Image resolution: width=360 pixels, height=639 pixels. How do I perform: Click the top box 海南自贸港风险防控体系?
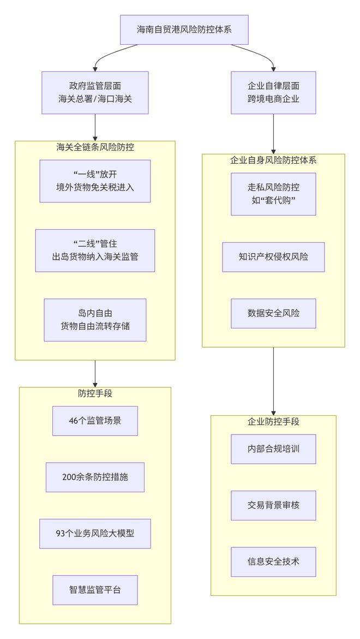click(184, 29)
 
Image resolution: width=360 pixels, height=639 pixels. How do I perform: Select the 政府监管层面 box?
click(95, 93)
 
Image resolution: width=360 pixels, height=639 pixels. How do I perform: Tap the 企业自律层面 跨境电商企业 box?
click(273, 93)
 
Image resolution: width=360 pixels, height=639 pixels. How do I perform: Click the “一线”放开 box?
click(95, 181)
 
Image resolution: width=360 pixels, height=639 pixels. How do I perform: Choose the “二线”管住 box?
click(95, 250)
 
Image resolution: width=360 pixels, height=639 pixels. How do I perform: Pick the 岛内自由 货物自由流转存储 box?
click(95, 320)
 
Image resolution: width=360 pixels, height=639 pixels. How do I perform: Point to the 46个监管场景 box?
click(95, 421)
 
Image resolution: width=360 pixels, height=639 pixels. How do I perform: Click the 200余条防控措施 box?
click(95, 477)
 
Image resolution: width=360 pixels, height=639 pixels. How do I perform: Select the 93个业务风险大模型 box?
click(95, 534)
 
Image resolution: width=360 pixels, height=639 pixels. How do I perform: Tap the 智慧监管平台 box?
click(95, 590)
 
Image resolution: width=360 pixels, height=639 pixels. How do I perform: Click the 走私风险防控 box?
click(273, 194)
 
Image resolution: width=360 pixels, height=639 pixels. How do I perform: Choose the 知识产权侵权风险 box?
click(273, 257)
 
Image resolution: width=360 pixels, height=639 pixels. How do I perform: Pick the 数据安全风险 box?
click(273, 313)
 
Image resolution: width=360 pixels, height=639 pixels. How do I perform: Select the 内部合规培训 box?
click(273, 449)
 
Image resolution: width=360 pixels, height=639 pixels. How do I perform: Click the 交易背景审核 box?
click(273, 505)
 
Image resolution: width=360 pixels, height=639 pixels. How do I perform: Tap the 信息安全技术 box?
click(273, 562)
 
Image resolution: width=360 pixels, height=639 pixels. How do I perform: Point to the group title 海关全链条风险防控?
click(95, 147)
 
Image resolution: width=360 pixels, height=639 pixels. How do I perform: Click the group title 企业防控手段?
click(273, 422)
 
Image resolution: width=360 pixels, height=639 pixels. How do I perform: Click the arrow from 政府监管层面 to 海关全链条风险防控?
click(95, 128)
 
